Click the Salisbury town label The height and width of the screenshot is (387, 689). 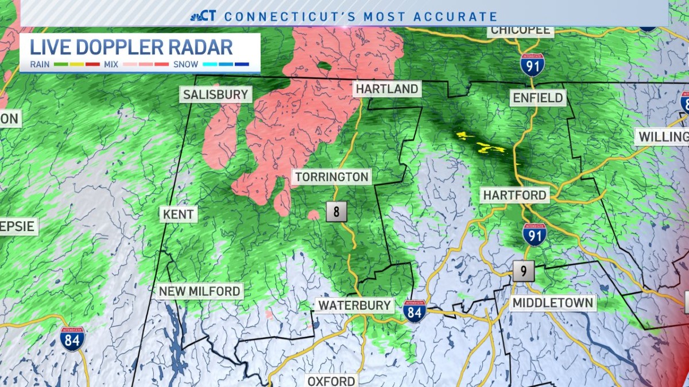point(215,95)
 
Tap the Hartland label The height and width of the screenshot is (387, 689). point(386,89)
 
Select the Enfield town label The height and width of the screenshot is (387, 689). point(538,98)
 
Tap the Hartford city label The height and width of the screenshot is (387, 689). point(514,196)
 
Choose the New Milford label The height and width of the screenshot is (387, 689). point(199,291)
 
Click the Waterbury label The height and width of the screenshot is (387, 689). point(354,305)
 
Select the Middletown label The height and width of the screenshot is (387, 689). point(553,303)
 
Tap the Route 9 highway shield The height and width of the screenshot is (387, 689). point(524,271)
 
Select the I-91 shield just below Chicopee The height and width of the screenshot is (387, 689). point(532,65)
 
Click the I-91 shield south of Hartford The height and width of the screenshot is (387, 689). point(534,234)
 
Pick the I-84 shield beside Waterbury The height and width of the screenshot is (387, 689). point(414,311)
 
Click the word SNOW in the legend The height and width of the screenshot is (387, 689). point(185,64)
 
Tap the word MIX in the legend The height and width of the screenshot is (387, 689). point(111,64)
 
